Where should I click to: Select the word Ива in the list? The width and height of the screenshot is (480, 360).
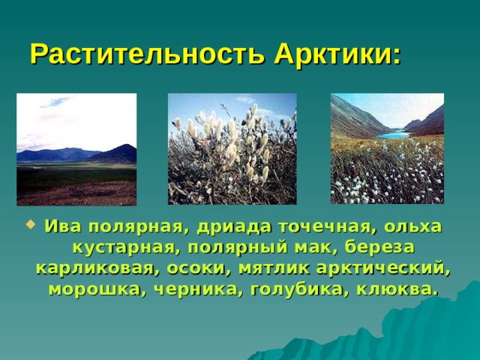click(63, 226)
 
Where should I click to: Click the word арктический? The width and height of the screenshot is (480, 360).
click(382, 268)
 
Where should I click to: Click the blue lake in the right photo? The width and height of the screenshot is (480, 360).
click(394, 135)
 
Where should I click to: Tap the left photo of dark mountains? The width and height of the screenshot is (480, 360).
click(76, 149)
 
